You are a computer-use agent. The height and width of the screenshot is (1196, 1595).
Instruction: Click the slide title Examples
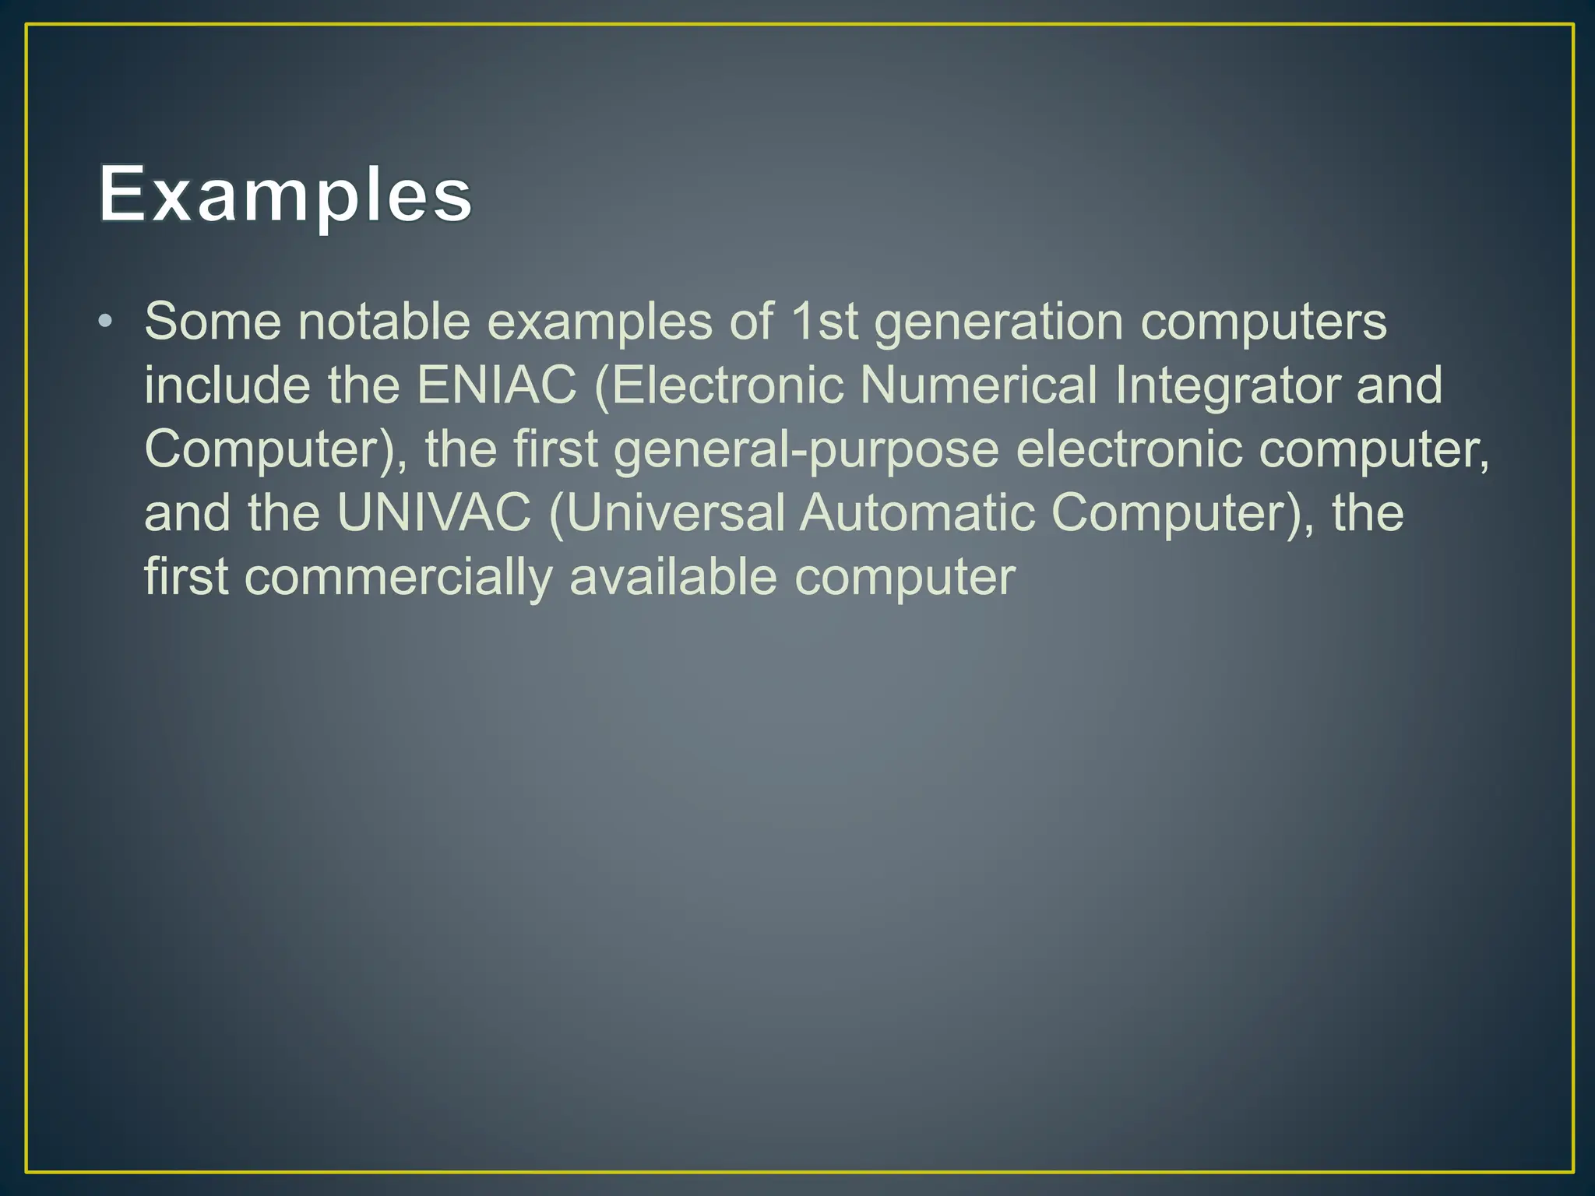tap(285, 195)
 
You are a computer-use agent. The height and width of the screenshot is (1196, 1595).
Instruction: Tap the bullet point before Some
tap(106, 321)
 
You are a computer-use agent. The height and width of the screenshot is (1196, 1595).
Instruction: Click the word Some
tap(212, 321)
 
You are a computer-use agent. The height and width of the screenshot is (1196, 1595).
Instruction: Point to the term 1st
tap(823, 321)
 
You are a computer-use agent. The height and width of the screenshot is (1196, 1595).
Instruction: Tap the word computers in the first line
tap(1263, 322)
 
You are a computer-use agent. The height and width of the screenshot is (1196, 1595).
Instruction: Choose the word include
tap(227, 385)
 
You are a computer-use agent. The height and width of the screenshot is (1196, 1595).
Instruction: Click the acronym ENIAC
tap(497, 385)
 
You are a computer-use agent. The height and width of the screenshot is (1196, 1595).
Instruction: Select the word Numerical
tap(978, 385)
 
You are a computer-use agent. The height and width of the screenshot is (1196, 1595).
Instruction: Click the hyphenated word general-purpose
tap(806, 450)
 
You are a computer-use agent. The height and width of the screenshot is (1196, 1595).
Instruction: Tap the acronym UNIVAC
tap(434, 513)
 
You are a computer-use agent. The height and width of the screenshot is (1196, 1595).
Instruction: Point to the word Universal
tap(674, 513)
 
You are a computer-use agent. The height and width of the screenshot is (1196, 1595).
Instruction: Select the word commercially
tap(399, 578)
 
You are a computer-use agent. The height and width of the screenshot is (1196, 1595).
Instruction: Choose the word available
tap(673, 577)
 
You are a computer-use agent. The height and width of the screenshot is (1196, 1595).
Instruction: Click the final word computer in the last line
tap(904, 579)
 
